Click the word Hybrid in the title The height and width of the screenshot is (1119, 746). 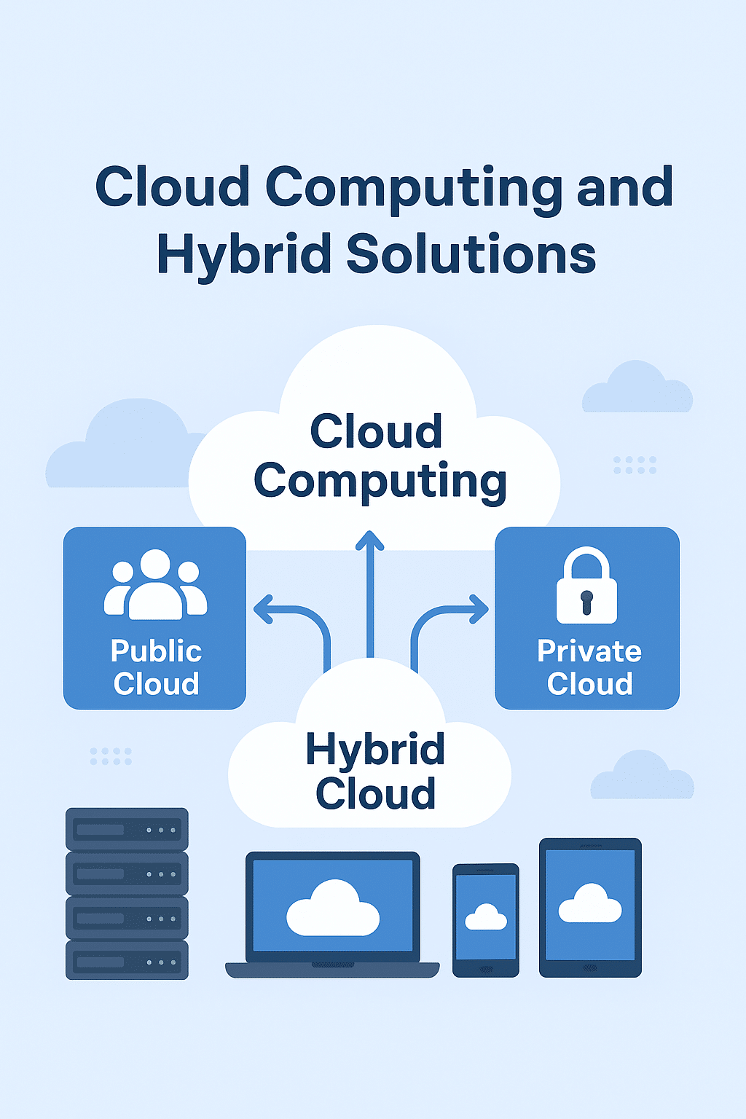(x=243, y=255)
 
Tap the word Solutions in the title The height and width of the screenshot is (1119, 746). (x=471, y=255)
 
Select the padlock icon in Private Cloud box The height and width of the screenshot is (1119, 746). (x=586, y=586)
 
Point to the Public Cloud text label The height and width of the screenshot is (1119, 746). (x=156, y=667)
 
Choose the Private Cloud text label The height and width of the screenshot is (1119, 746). (x=589, y=667)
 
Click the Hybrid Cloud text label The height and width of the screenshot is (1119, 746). (x=375, y=771)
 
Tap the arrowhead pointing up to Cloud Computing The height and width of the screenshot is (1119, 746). (x=370, y=541)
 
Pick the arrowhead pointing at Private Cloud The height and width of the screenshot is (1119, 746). (x=479, y=609)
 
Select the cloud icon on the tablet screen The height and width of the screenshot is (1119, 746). (x=590, y=904)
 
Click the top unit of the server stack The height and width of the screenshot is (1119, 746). (x=127, y=829)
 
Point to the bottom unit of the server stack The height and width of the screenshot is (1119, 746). (x=127, y=961)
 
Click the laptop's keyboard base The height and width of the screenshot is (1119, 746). (x=332, y=970)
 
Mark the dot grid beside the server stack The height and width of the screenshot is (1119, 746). (x=111, y=756)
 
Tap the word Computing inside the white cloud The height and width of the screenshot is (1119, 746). (x=380, y=482)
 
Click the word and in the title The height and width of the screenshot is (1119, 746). (x=624, y=187)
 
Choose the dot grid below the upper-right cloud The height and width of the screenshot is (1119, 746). (x=635, y=466)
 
